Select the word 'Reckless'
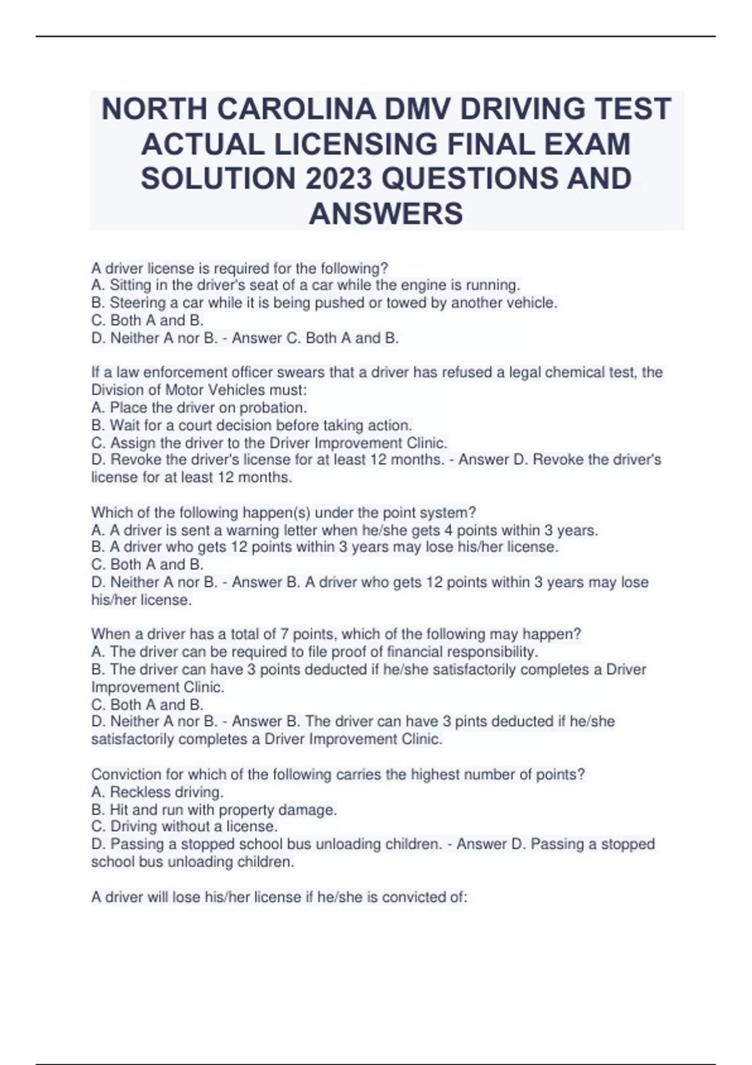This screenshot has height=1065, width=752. pos(135,792)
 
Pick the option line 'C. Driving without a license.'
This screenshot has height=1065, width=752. pos(184,827)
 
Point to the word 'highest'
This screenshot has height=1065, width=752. pos(437,775)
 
